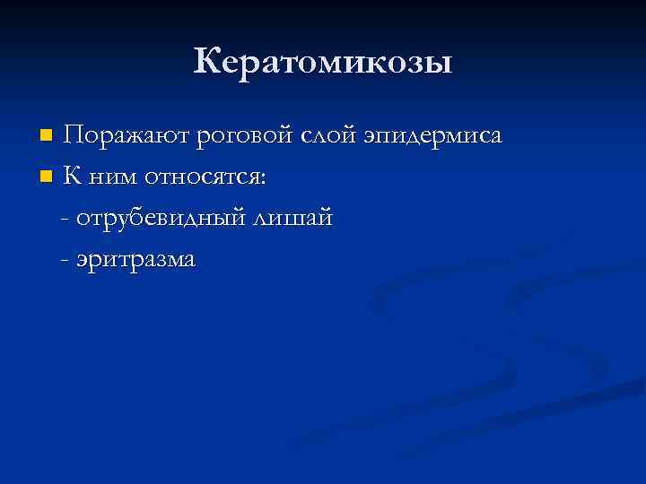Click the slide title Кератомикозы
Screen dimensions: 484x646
(323, 63)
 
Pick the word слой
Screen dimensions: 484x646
(331, 136)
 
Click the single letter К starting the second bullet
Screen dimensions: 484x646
(74, 177)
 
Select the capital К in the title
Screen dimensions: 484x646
(208, 62)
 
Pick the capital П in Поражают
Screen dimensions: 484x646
(75, 136)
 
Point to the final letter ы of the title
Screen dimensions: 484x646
(439, 65)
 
